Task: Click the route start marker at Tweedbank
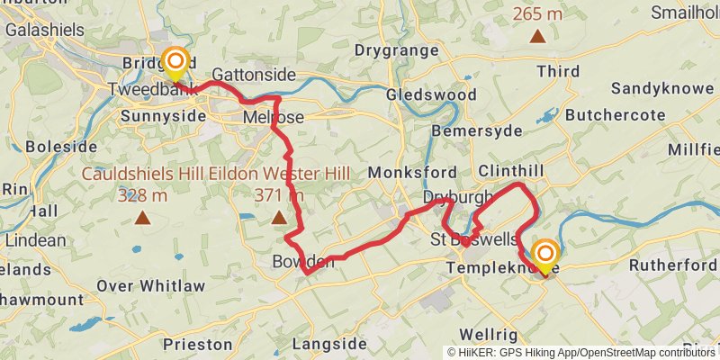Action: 175,63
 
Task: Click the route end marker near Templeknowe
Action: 544,254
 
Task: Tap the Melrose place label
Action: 274,118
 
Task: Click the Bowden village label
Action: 302,262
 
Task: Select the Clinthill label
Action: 512,170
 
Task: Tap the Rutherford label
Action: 671,265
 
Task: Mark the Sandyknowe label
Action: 663,88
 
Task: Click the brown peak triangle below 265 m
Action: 537,37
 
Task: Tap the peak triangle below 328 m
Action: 142,217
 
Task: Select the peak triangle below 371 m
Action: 279,217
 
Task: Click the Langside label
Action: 330,344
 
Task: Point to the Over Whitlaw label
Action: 150,286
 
